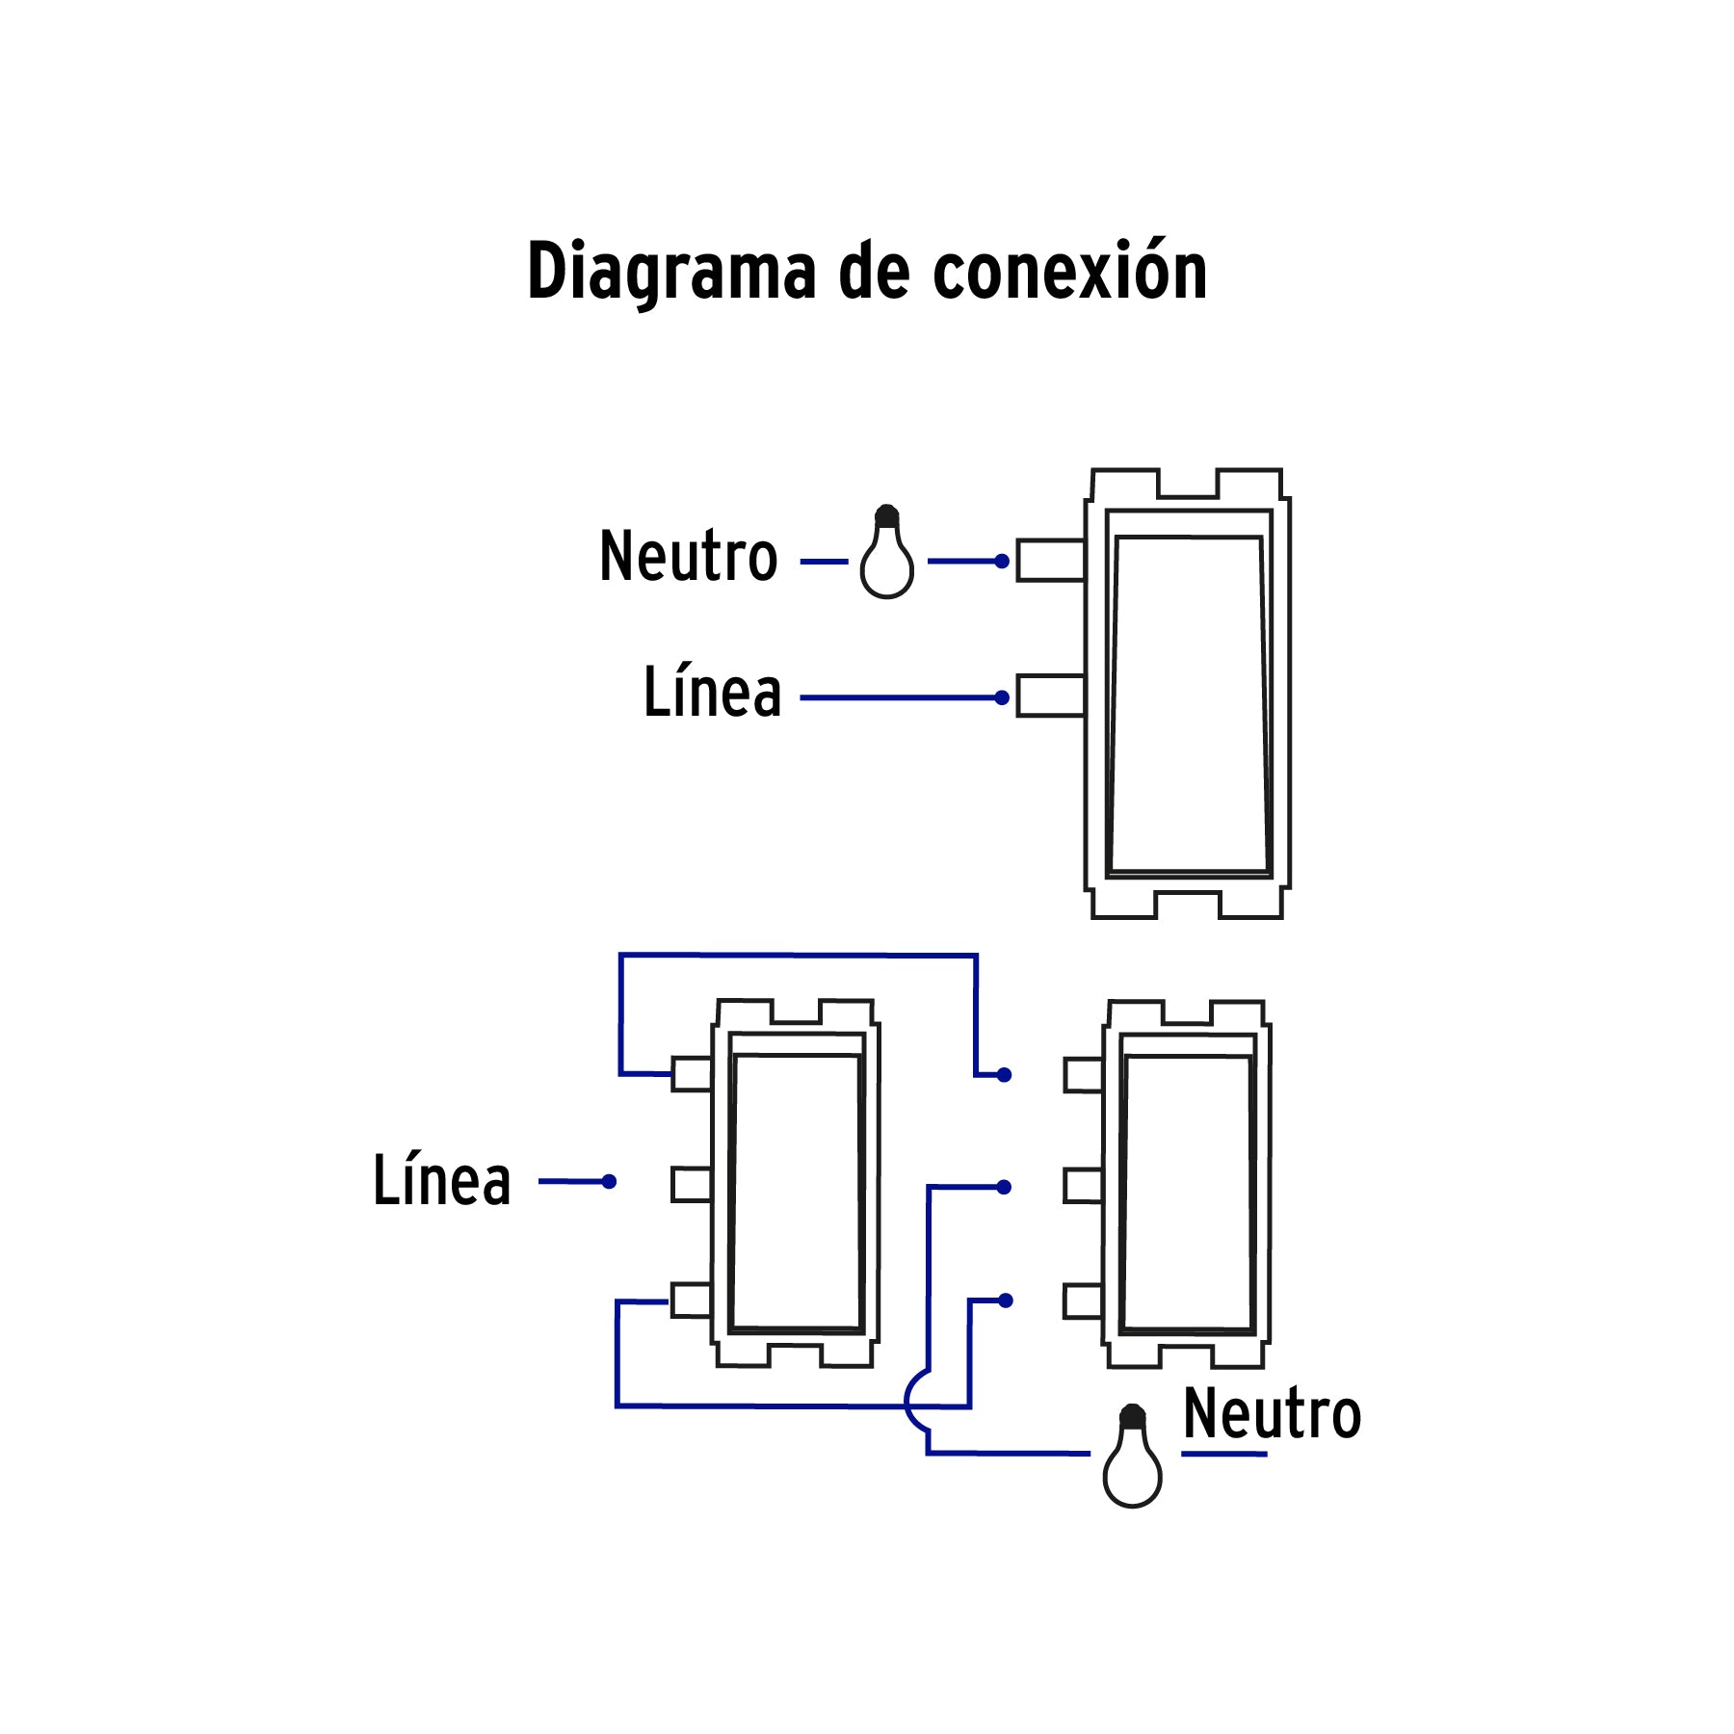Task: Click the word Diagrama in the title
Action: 671,273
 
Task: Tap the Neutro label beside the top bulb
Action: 688,557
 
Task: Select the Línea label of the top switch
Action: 712,693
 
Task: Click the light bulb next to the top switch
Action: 886,556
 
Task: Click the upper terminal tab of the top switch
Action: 1050,561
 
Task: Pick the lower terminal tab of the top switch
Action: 1050,696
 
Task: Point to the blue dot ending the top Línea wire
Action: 1002,697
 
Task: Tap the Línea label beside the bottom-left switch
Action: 441,1180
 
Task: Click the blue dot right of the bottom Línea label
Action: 609,1181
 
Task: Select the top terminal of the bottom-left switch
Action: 691,1074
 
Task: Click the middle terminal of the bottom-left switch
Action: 691,1185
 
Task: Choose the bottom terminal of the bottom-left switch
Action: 691,1300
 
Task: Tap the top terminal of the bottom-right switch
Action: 1083,1075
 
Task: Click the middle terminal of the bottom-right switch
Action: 1083,1187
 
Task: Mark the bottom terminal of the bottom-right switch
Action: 1083,1301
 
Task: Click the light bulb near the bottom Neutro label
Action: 1132,1459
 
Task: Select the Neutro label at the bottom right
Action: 1272,1414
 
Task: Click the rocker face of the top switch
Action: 1189,703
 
